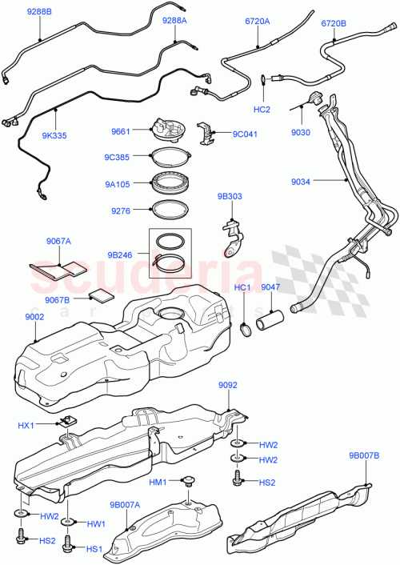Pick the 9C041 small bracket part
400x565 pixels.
[206, 133]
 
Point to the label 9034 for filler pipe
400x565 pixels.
[301, 182]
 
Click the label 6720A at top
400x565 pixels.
[258, 24]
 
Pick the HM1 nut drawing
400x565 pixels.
[190, 481]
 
